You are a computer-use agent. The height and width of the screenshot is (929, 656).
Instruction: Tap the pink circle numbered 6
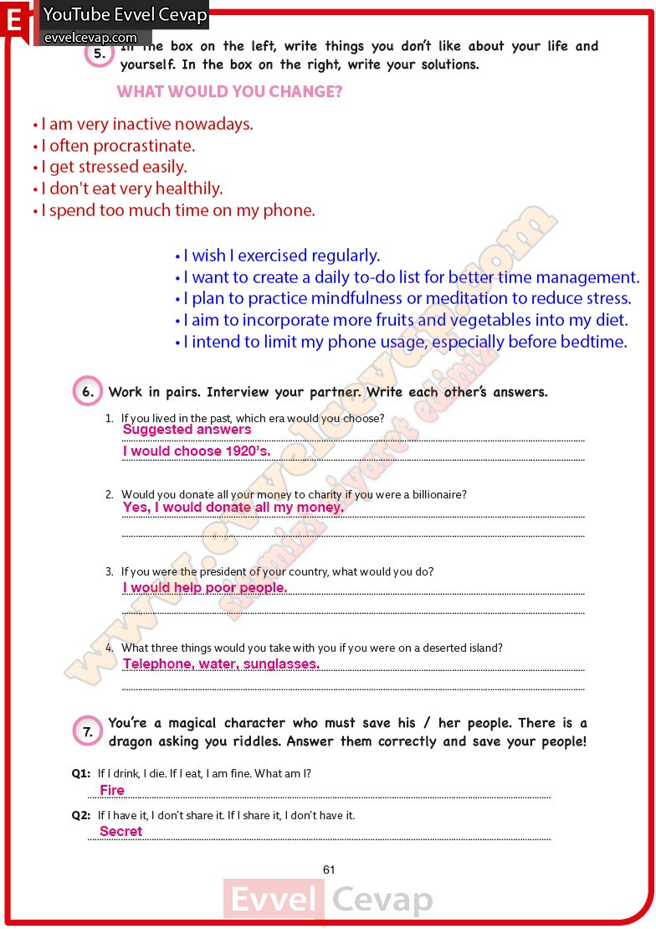[88, 392]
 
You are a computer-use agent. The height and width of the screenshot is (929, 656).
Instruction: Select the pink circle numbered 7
[87, 732]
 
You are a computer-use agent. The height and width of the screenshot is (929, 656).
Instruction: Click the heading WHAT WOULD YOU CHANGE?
[229, 92]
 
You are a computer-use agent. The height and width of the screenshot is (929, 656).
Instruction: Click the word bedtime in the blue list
[593, 342]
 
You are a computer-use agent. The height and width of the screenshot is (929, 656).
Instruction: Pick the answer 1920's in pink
[248, 452]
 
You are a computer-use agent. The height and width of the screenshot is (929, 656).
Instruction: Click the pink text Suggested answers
[187, 430]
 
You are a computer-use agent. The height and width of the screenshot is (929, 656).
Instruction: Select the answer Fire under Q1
[112, 791]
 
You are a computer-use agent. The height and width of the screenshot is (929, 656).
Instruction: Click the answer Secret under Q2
[121, 832]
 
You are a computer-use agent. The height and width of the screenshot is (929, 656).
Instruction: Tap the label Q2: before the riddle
[81, 815]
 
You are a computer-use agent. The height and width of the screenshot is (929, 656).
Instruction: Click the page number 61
[329, 870]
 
